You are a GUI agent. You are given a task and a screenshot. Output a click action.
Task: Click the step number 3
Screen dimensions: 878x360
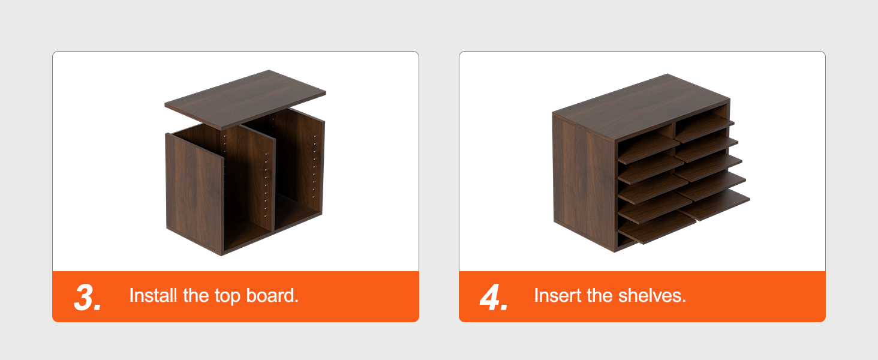(88, 297)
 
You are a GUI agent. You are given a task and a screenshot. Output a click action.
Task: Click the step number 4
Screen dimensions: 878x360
(494, 297)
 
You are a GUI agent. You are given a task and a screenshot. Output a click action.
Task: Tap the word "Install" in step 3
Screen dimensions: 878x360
(153, 295)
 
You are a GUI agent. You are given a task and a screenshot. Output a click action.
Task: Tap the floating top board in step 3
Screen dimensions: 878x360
(245, 100)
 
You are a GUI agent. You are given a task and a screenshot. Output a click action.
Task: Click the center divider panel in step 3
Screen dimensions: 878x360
(250, 178)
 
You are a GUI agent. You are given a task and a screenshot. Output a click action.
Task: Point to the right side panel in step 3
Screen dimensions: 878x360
(300, 161)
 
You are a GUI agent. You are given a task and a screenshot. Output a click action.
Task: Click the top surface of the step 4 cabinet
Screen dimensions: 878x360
(641, 107)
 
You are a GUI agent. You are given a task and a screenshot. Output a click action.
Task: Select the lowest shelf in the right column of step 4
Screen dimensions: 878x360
(714, 205)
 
